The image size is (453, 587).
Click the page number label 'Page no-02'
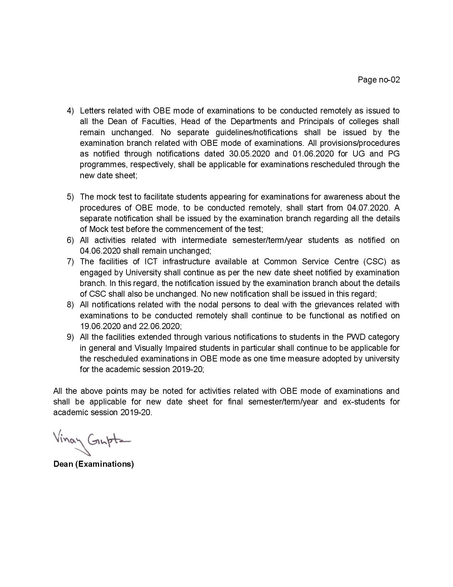pyautogui.click(x=379, y=80)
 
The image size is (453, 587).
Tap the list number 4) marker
pyautogui.click(x=70, y=111)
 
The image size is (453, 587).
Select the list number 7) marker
pyautogui.click(x=70, y=262)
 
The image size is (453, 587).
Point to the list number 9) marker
pyautogui.click(x=70, y=337)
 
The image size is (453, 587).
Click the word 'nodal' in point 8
pyautogui.click(x=208, y=305)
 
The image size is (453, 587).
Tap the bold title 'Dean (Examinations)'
pyautogui.click(x=93, y=464)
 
